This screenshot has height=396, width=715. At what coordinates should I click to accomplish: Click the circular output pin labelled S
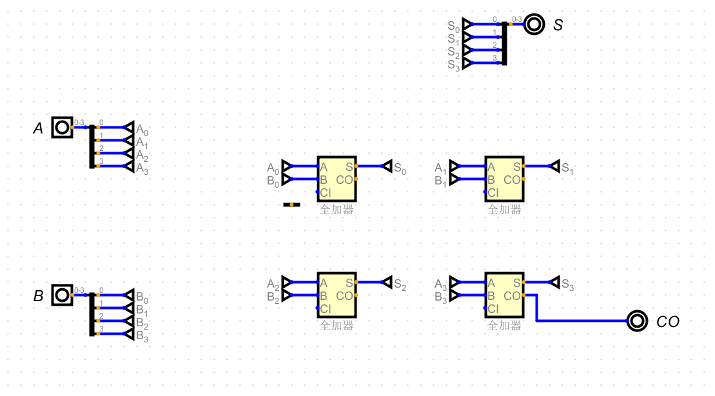point(534,25)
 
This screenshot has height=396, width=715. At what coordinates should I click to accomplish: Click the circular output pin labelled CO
point(637,321)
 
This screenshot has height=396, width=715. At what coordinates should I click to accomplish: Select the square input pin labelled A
point(62,128)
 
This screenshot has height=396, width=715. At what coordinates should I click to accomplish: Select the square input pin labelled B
point(62,295)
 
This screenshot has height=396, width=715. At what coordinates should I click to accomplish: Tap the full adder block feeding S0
point(336,179)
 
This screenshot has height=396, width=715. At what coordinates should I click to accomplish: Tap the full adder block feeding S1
point(504,179)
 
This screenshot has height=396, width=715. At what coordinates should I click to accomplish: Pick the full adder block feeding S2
point(336,295)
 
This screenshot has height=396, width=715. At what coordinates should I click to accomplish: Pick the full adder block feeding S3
point(504,295)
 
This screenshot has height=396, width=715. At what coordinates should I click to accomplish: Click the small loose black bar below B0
point(291,204)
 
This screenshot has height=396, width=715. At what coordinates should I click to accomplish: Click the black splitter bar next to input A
point(92,146)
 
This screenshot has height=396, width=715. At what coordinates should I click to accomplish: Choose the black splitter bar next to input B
point(92,314)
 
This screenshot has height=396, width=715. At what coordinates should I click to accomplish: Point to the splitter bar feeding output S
point(504,43)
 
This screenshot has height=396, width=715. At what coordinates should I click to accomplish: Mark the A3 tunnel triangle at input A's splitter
point(129,166)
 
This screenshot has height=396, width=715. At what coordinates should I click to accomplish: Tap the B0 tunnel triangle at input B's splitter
point(129,295)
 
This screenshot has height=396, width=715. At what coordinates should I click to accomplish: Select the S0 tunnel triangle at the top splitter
point(467,25)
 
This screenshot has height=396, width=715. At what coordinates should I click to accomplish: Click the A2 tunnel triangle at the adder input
point(287,282)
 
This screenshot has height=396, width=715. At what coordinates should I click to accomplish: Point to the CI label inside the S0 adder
point(325,192)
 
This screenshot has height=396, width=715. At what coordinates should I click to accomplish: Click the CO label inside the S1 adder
point(512,180)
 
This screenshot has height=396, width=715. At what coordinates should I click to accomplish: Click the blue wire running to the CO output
point(580,321)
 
